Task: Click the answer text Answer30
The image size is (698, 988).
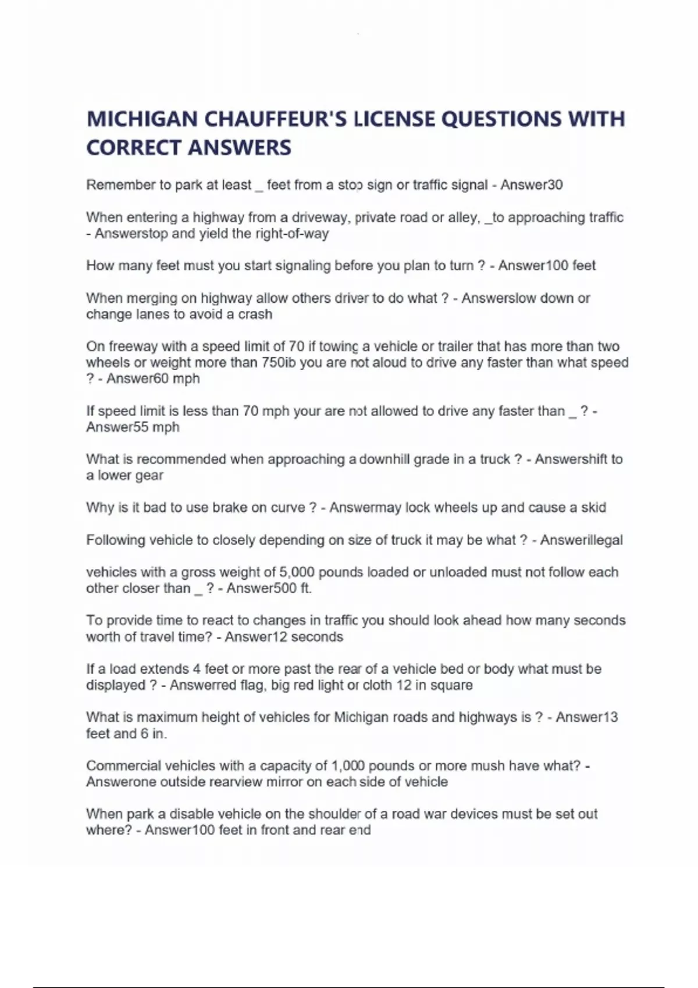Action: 532,185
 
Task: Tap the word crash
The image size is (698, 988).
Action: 255,314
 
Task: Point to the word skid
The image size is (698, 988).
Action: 593,507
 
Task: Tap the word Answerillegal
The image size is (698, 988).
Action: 581,540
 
